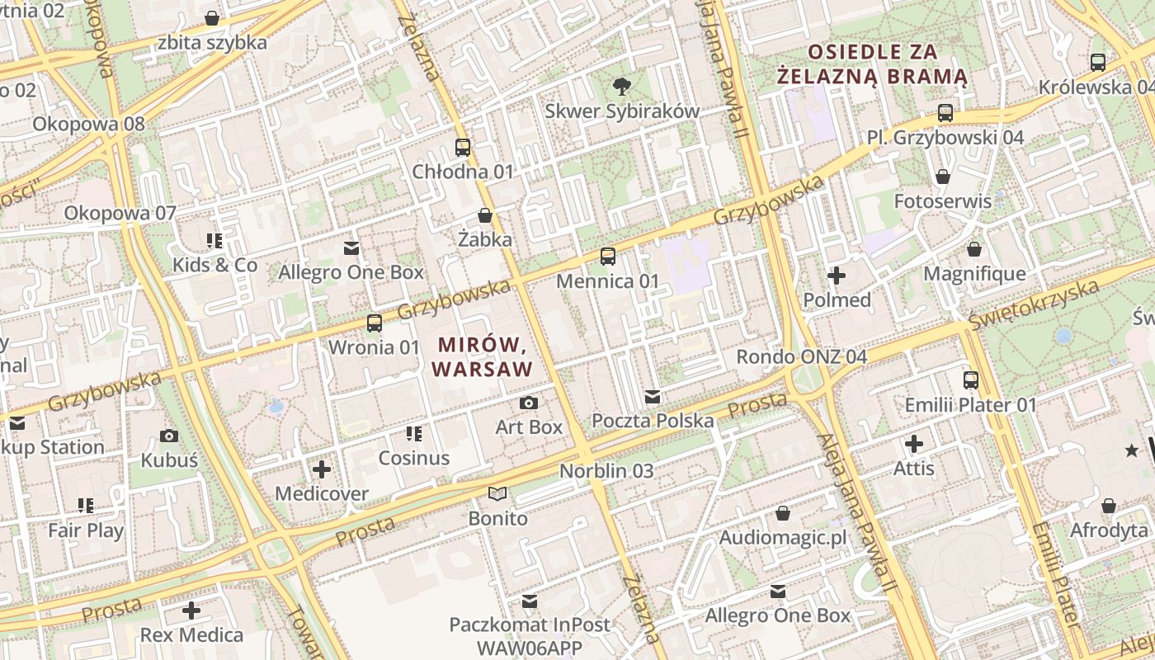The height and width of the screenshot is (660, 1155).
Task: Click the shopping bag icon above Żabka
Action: pos(485,215)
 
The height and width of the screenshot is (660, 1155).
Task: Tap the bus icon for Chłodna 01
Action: pos(463,148)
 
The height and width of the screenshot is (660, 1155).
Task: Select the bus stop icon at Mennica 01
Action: pos(608,257)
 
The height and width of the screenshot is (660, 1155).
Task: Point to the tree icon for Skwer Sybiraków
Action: pos(621,86)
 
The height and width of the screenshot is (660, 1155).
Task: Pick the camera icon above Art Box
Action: pos(529,403)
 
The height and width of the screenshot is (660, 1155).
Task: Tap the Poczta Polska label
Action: pos(653,421)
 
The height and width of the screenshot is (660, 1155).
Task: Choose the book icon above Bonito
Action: pos(497,494)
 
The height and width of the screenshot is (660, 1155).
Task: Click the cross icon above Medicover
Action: pos(322,469)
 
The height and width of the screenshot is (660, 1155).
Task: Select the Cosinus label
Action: pos(414,458)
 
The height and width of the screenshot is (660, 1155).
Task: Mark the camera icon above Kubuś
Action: pos(169,436)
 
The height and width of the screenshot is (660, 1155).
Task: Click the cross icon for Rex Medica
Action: pos(191,610)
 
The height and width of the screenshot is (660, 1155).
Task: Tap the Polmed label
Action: pos(837,299)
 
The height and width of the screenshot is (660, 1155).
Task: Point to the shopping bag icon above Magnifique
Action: pos(974,249)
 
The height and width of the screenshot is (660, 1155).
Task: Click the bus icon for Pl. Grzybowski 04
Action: pos(945,113)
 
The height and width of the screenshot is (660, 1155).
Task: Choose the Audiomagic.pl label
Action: pos(783,538)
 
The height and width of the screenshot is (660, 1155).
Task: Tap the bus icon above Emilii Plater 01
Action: pos(971,380)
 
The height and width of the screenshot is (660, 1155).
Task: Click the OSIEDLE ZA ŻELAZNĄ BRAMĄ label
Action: pos(873,64)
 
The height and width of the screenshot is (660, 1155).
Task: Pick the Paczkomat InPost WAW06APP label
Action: pos(530,635)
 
